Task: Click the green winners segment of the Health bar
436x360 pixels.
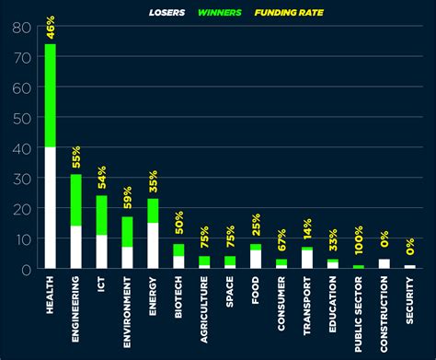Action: [x=50, y=96]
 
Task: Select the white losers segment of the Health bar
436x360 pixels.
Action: [x=50, y=207]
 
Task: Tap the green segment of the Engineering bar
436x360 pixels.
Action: [x=75, y=200]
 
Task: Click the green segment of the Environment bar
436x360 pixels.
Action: [x=127, y=231]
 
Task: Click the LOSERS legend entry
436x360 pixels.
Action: [x=169, y=13]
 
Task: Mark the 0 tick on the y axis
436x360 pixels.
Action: [x=25, y=268]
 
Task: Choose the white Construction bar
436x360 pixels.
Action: [x=384, y=263]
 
